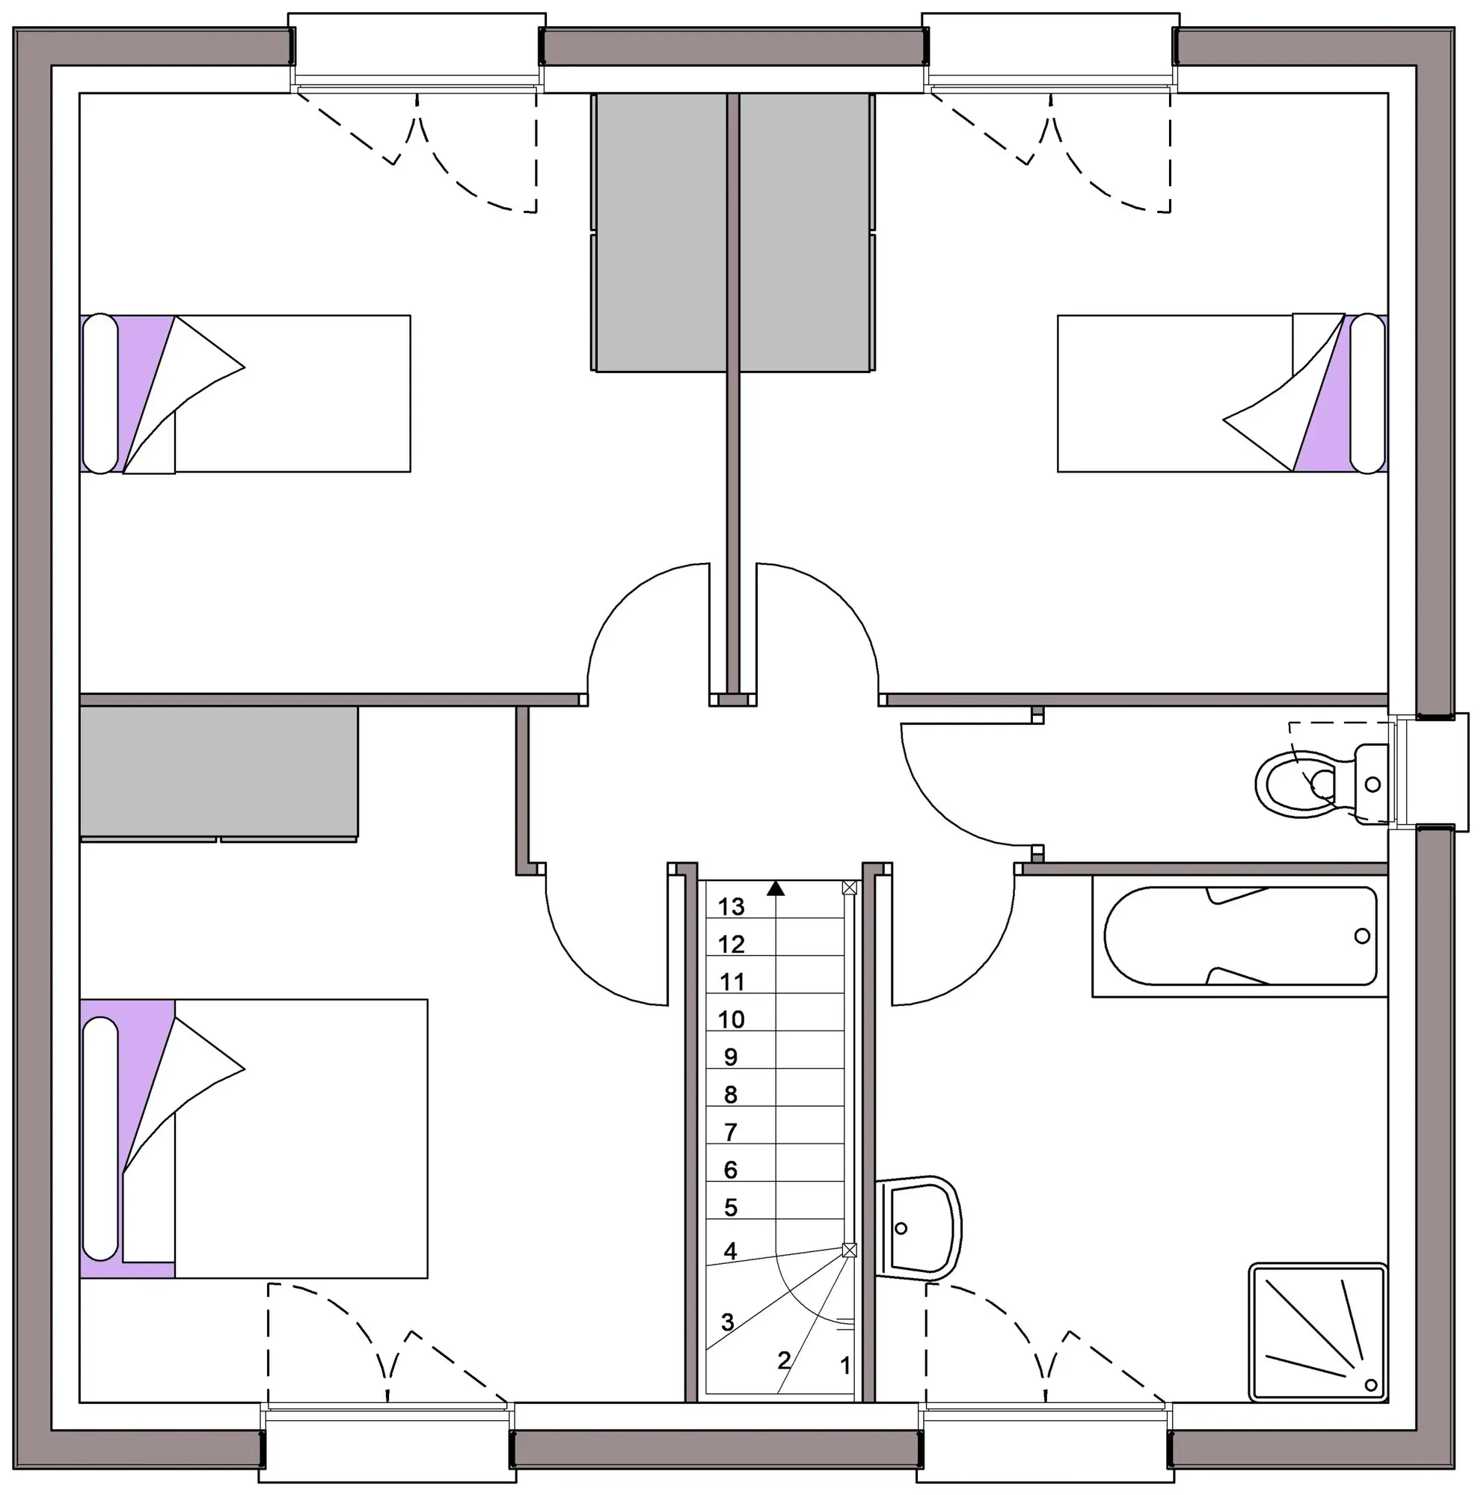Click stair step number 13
[731, 906]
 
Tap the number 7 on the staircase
[730, 1132]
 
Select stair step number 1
[845, 1365]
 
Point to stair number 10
[731, 1019]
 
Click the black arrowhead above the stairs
[776, 888]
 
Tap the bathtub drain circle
[1362, 936]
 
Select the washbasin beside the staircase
[919, 1228]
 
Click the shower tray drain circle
[1370, 1384]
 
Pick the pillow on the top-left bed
[99, 393]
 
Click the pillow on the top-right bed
[1367, 393]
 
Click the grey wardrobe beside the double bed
[219, 773]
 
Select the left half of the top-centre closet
[659, 232]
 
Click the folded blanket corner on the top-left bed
[184, 394]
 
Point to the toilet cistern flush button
[1373, 785]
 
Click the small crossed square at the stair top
[850, 888]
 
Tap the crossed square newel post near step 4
[850, 1250]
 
